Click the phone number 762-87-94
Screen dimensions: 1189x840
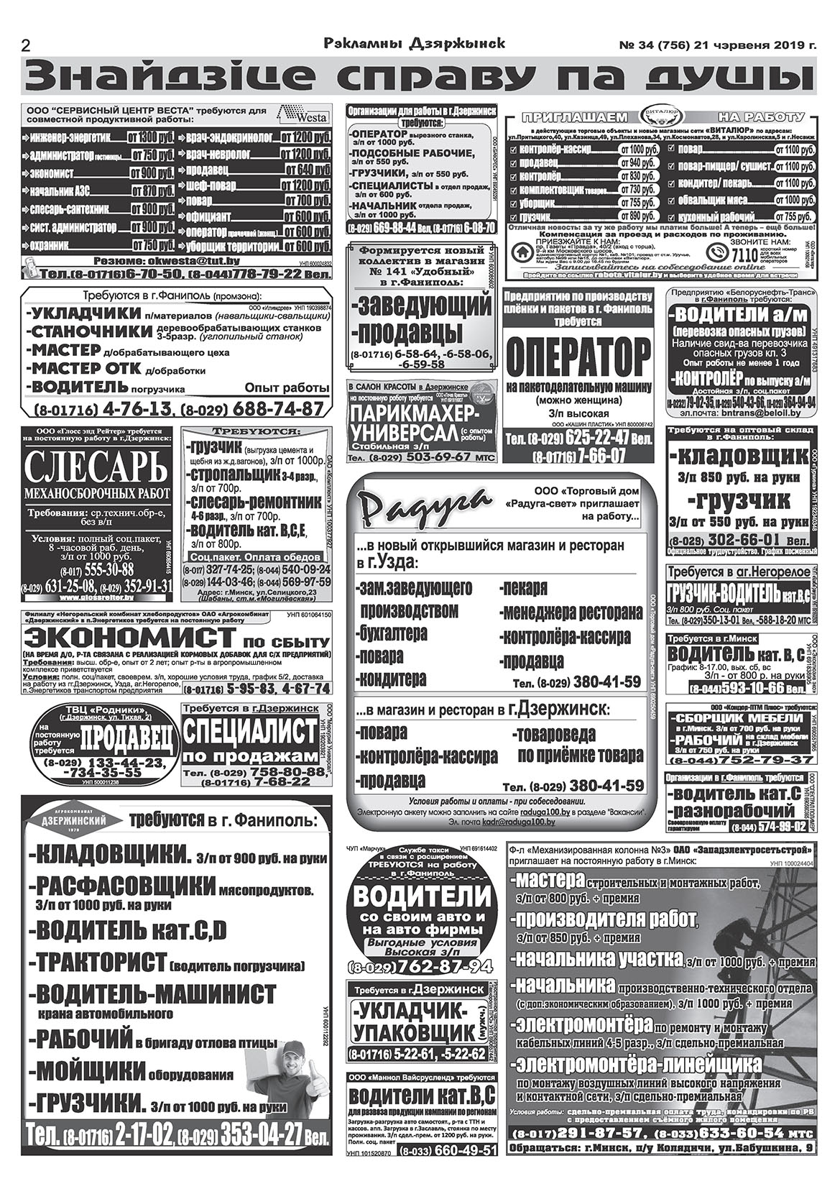440,965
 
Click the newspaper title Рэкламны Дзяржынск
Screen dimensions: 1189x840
415,44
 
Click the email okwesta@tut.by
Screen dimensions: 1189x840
177,262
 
